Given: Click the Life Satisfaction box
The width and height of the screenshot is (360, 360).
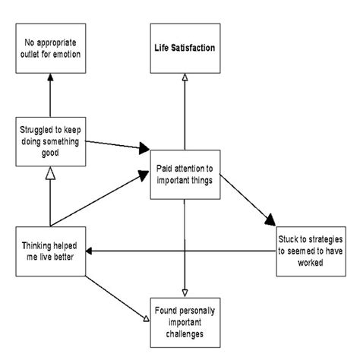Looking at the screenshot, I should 185,49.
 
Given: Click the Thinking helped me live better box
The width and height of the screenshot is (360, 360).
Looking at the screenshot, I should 49,250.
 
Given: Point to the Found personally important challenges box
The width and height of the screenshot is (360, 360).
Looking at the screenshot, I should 185,323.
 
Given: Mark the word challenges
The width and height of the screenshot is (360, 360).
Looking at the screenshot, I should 185,335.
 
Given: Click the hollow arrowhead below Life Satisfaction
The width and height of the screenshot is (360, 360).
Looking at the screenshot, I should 185,77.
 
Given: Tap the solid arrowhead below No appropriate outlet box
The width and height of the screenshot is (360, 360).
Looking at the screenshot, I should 49,77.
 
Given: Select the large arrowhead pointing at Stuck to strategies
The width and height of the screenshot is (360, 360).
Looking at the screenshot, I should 270,221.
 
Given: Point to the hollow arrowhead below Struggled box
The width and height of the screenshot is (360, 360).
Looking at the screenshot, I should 49,176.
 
